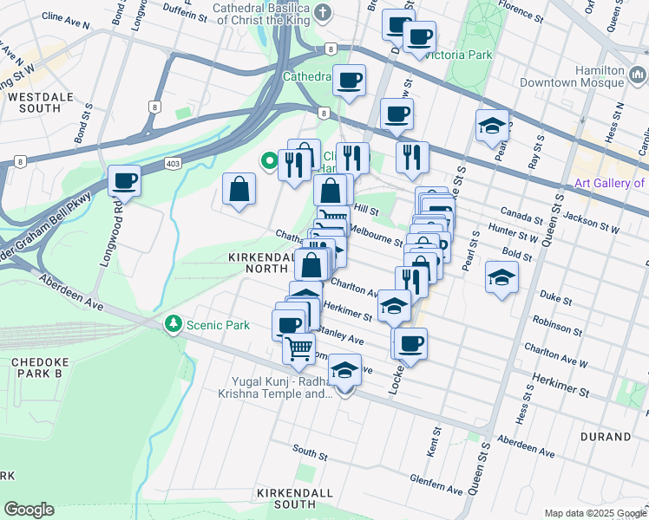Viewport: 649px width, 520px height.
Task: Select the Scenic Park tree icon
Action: tap(174, 324)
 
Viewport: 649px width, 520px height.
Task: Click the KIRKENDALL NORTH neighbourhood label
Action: tap(259, 264)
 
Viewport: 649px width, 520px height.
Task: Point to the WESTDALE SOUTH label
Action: tap(34, 102)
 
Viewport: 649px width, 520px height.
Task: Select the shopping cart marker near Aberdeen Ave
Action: tap(299, 348)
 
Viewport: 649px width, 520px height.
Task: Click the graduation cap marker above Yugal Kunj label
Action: tap(345, 372)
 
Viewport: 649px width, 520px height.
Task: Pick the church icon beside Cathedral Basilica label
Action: tap(323, 12)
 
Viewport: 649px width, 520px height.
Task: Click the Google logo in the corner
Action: tap(29, 510)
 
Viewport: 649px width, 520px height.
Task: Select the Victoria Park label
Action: tap(457, 55)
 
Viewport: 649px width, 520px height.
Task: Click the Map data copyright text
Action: tap(594, 513)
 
